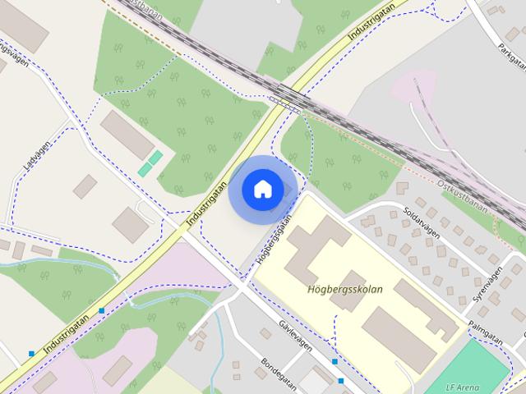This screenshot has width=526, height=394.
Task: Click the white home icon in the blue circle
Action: pos(262,189)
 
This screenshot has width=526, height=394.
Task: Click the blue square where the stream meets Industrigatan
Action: pos(101,310)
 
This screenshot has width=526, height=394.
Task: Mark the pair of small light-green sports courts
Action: pos(150,163)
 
